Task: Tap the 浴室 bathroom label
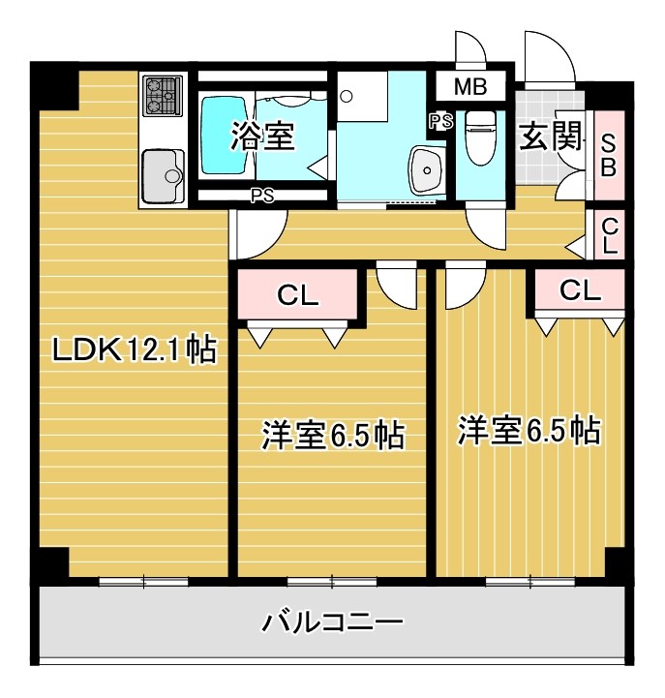pyautogui.click(x=261, y=137)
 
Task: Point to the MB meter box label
pyautogui.click(x=470, y=87)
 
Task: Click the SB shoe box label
pyautogui.click(x=608, y=154)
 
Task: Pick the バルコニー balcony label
pyautogui.click(x=332, y=621)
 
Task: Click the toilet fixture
pyautogui.click(x=479, y=138)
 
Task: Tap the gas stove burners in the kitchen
pyautogui.click(x=164, y=97)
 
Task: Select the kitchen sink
pyautogui.click(x=163, y=175)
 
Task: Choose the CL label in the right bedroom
pyautogui.click(x=579, y=288)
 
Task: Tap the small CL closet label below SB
pyautogui.click(x=609, y=235)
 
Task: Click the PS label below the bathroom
pyautogui.click(x=261, y=195)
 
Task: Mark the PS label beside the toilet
pyautogui.click(x=440, y=121)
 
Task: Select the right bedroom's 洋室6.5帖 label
pyautogui.click(x=529, y=429)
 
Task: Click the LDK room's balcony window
pyautogui.click(x=143, y=581)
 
